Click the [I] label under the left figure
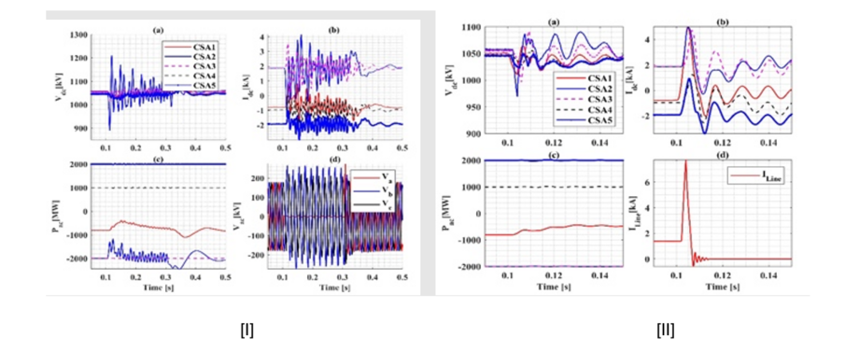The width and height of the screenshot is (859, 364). point(246,329)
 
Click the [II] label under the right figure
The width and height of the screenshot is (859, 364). point(665,329)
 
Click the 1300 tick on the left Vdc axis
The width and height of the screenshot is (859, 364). point(79,35)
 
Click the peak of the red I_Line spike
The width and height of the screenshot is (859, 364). point(685,161)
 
